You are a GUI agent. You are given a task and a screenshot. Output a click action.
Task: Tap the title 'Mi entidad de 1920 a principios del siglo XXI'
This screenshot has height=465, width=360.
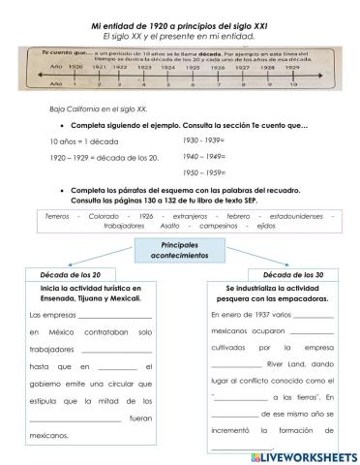tap(179, 21)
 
